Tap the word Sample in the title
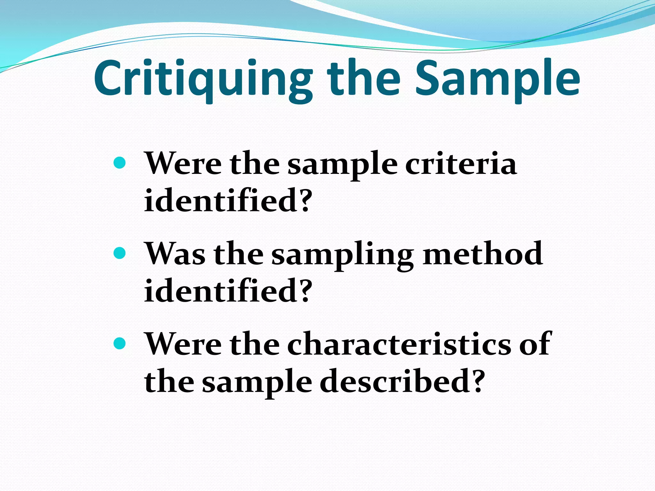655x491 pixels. [x=497, y=78]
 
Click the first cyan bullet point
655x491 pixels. [x=120, y=163]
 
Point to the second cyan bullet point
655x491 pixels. [x=120, y=253]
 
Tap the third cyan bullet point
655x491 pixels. [x=120, y=344]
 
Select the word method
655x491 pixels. [x=483, y=254]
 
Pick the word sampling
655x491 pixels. [x=343, y=256]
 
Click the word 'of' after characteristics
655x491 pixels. [x=535, y=344]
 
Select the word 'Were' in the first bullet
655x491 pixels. [x=183, y=164]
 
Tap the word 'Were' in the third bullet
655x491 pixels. [x=183, y=344]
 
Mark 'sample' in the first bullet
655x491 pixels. [x=342, y=166]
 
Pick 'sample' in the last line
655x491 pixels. [x=257, y=383]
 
